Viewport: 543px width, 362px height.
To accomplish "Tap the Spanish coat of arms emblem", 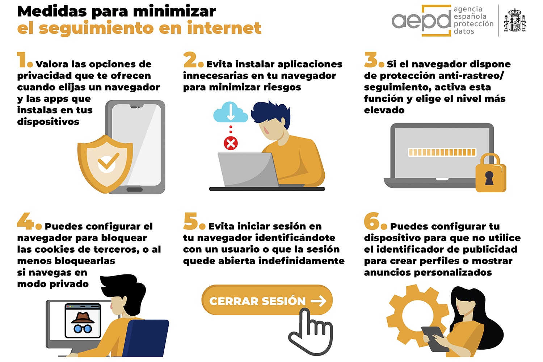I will [x=515, y=21].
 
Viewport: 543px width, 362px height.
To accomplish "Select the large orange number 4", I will [x=25, y=221].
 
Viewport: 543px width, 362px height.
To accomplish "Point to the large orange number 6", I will [x=371, y=221].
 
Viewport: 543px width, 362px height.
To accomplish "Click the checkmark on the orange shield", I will [x=108, y=161].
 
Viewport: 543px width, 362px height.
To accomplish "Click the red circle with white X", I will [x=231, y=143].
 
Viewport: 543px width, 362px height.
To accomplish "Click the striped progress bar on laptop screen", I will [x=442, y=152].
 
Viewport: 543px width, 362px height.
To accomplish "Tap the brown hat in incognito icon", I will [x=83, y=317].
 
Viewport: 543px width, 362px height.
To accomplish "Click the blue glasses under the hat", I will [x=83, y=329].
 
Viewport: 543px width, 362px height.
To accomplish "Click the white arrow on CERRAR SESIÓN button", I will [x=318, y=301].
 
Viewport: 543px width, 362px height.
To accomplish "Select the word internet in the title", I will [x=224, y=28].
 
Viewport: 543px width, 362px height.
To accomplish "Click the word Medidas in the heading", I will [x=52, y=11].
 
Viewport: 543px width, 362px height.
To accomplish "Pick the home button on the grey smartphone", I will [x=134, y=189].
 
